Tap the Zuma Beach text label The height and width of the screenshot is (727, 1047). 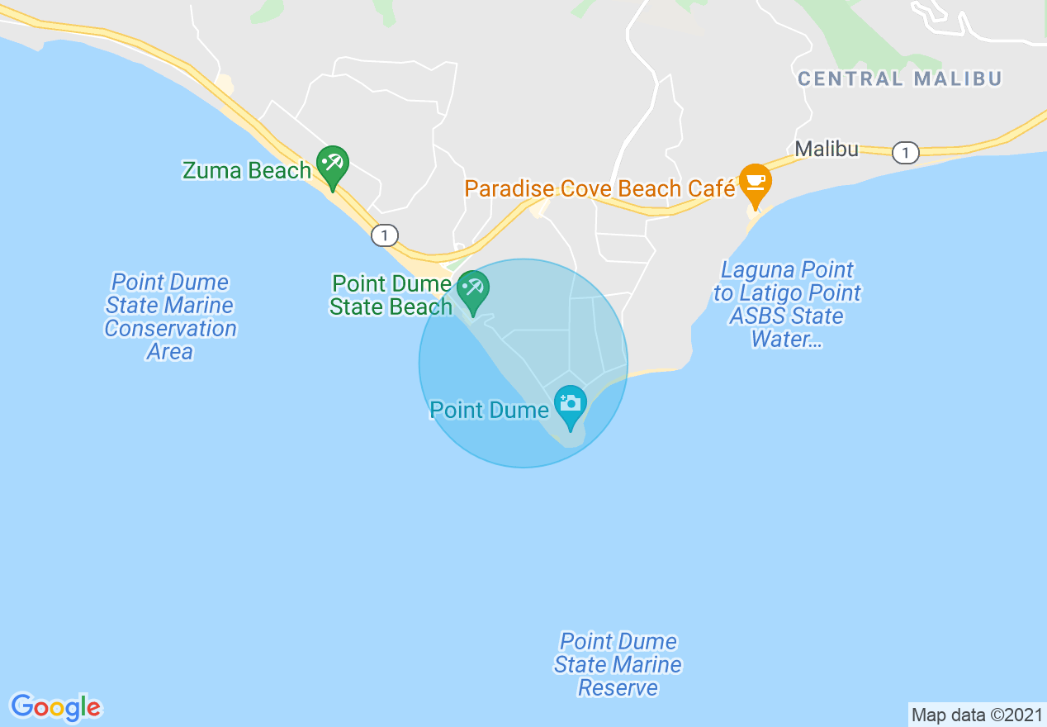(247, 171)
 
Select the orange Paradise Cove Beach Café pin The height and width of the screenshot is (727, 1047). (755, 182)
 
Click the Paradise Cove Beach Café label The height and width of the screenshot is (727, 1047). (599, 189)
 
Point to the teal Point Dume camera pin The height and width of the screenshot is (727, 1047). (570, 404)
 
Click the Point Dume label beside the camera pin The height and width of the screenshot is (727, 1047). (489, 411)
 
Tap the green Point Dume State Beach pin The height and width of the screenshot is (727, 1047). (473, 289)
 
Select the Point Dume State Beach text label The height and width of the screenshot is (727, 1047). (391, 296)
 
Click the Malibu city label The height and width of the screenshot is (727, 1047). (827, 150)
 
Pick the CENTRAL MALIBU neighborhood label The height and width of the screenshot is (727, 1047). (899, 79)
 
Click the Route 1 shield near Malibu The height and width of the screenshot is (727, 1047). (906, 153)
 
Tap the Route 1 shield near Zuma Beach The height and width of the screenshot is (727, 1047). (384, 235)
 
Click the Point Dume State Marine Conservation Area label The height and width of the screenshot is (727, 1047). (170, 317)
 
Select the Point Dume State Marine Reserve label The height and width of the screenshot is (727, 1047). (618, 664)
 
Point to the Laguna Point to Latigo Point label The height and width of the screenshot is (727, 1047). (787, 305)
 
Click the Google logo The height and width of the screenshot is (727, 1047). (55, 707)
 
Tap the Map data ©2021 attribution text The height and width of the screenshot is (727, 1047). (977, 715)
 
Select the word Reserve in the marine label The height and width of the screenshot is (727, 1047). (618, 687)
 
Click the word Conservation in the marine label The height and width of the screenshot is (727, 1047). (170, 329)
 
